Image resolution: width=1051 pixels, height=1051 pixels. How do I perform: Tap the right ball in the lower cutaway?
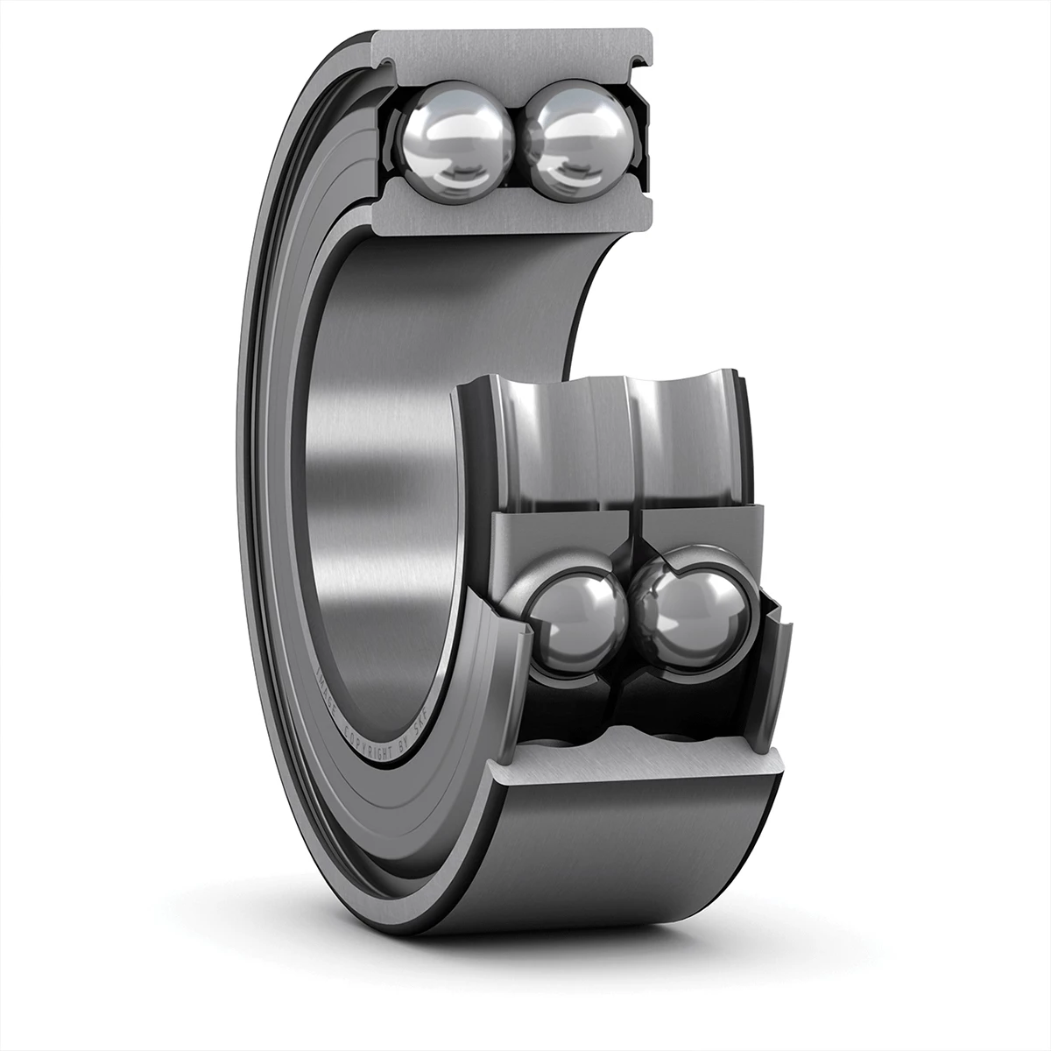(x=695, y=614)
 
